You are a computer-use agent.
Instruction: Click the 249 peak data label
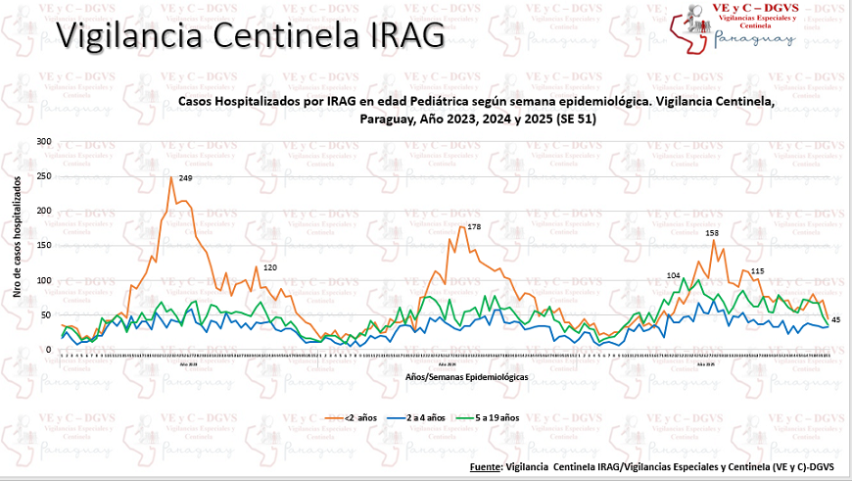click(185, 178)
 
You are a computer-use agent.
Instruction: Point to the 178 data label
click(474, 226)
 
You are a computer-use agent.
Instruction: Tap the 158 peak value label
click(713, 233)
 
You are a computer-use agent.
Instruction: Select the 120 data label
click(270, 268)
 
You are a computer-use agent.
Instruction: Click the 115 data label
click(757, 271)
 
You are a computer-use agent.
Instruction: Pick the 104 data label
click(673, 276)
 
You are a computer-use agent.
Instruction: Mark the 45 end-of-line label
click(835, 320)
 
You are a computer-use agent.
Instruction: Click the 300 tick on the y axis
click(42, 142)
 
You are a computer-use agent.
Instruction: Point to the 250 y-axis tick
click(42, 176)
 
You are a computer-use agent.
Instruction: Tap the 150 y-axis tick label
click(42, 246)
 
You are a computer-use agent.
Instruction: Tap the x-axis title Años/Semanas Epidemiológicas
click(466, 376)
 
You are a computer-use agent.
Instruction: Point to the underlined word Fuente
click(486, 466)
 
